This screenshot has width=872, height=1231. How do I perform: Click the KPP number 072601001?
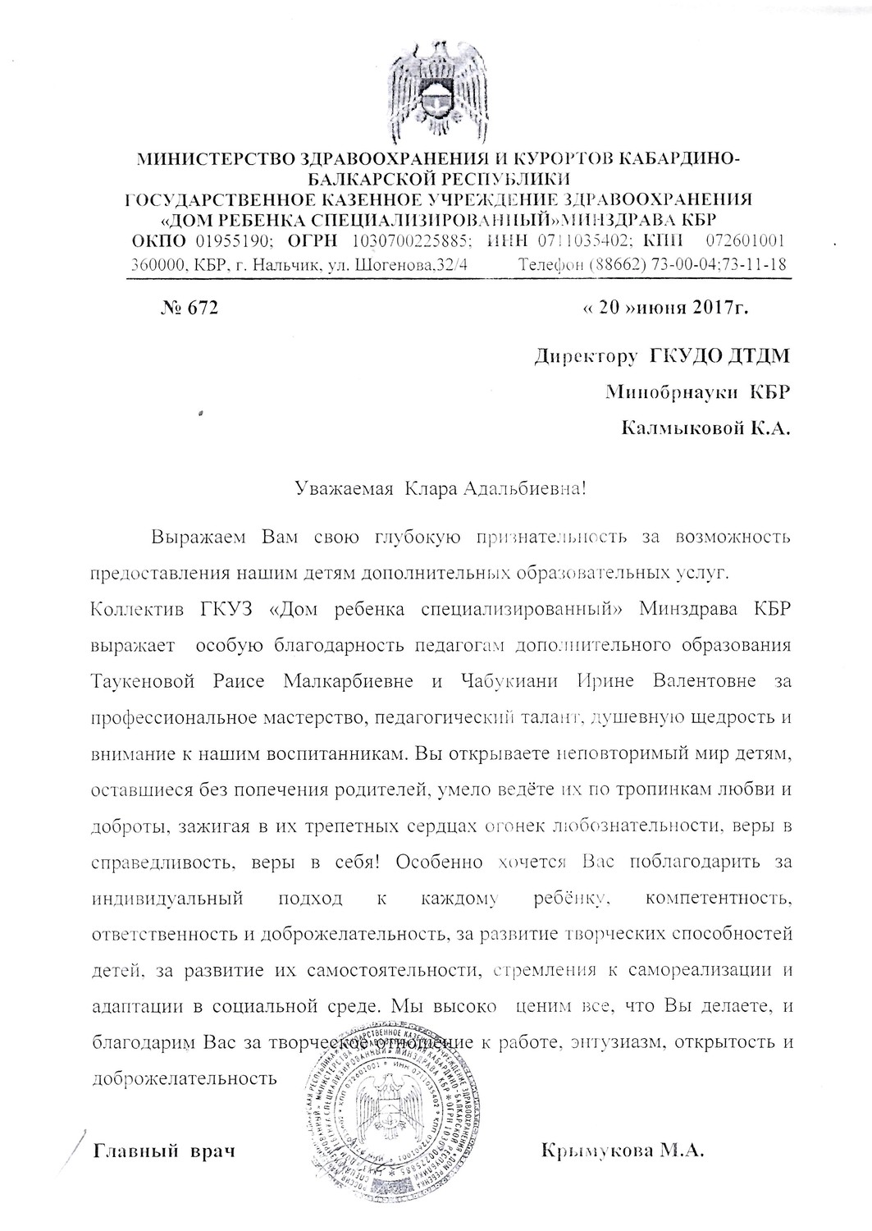click(746, 241)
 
